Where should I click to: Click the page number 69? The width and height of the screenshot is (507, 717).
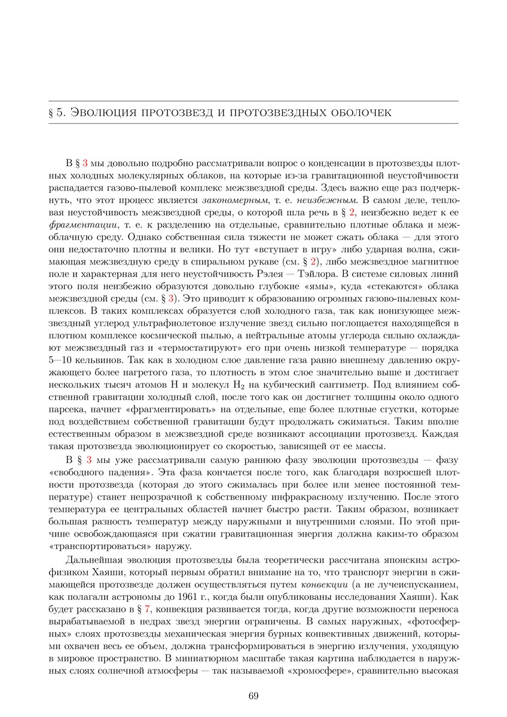253,695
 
